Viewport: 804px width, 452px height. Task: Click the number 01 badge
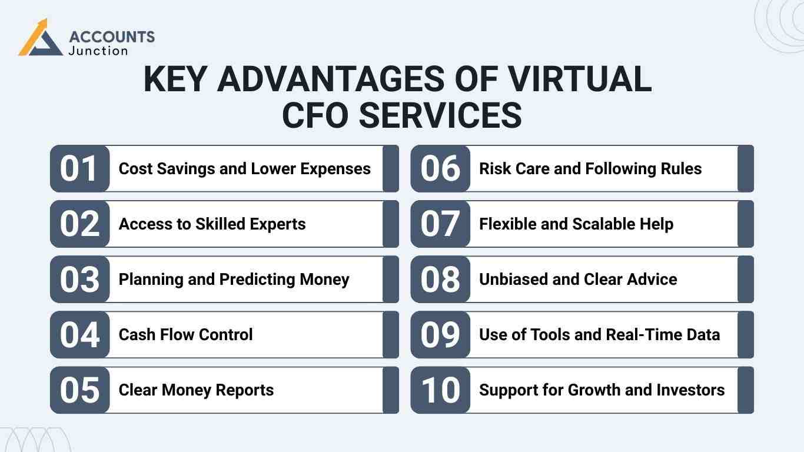click(79, 168)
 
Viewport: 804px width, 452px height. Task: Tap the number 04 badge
click(79, 334)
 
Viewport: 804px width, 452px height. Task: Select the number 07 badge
click(440, 224)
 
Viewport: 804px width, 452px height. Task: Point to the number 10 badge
click(440, 390)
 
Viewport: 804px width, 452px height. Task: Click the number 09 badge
click(440, 334)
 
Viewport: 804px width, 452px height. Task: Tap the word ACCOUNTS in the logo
click(112, 37)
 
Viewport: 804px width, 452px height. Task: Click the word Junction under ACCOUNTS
click(98, 51)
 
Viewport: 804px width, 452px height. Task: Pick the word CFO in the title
click(315, 115)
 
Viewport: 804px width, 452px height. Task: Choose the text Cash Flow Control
click(185, 334)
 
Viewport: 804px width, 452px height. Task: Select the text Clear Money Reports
click(196, 390)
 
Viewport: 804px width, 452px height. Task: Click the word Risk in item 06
click(493, 169)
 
